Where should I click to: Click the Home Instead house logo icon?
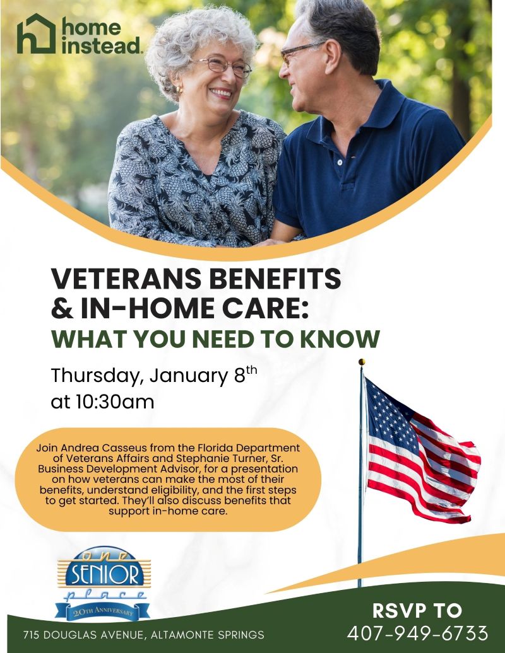coord(37,34)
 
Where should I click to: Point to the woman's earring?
coord(179,90)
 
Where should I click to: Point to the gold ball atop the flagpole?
coord(362,362)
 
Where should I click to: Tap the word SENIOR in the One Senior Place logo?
coord(103,575)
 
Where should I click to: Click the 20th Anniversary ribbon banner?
coord(103,611)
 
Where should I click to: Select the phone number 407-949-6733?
coord(417,633)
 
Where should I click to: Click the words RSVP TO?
coord(417,610)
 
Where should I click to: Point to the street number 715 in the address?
coord(32,635)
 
